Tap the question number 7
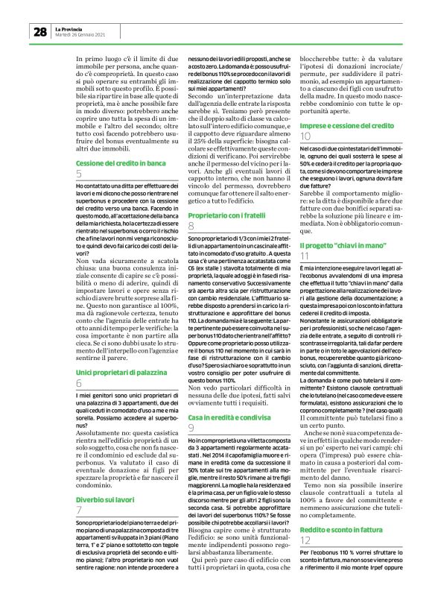click(79, 489)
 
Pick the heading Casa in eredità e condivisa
click(226, 414)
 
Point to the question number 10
click(305, 138)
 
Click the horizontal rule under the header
click(216, 42)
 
